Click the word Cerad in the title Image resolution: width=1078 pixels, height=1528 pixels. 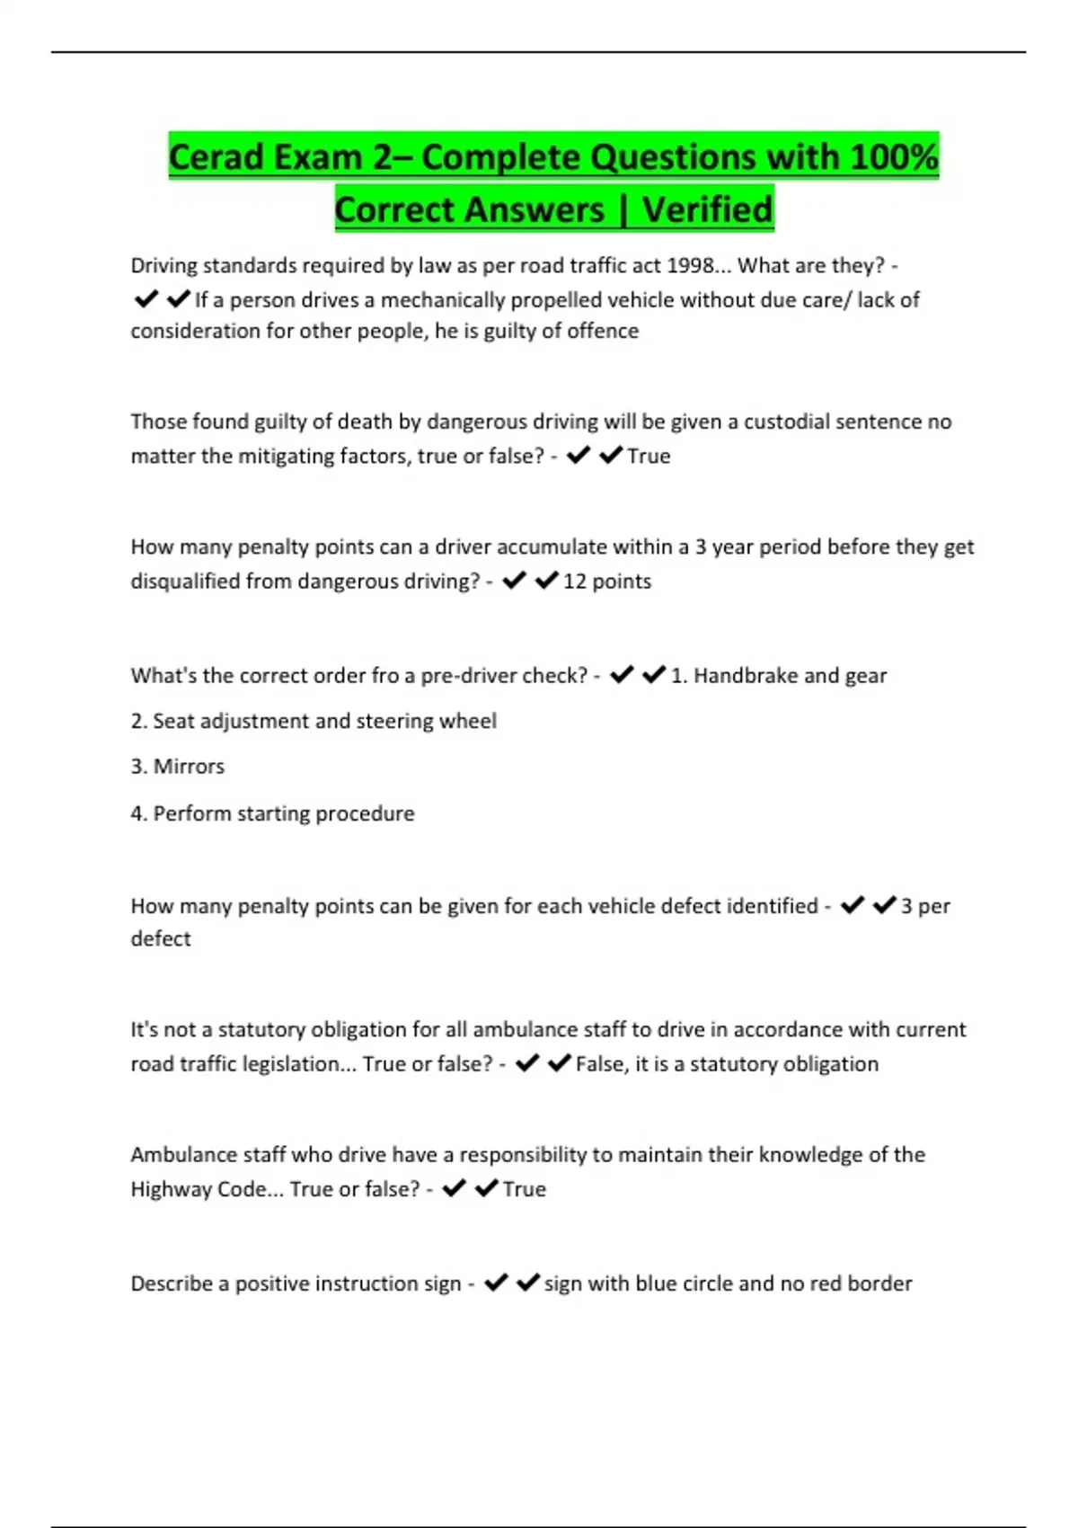pos(216,157)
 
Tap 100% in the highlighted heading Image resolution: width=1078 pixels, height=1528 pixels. pos(894,157)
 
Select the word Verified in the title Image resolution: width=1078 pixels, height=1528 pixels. pos(707,209)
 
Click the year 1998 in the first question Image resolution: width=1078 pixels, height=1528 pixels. pos(691,266)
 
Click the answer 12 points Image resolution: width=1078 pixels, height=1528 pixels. pos(606,582)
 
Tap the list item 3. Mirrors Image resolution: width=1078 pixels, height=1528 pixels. pos(177,767)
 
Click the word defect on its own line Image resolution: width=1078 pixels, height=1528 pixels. pos(161,938)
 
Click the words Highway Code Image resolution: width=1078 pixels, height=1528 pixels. pos(199,1189)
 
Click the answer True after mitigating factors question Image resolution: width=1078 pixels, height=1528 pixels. pos(649,457)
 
